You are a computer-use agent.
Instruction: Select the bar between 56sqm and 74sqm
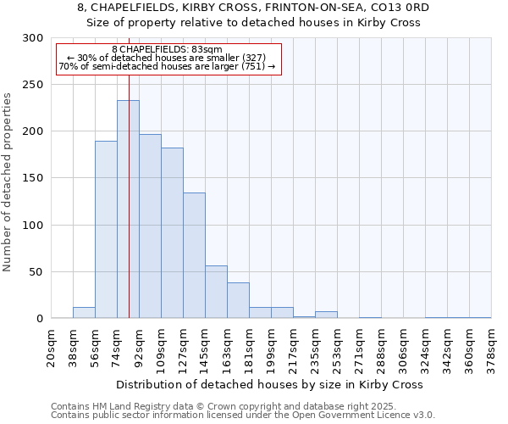click(106, 230)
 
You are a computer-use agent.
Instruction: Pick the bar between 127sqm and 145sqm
click(194, 255)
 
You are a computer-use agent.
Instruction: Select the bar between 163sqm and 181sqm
click(238, 300)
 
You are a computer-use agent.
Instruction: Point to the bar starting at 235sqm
click(326, 315)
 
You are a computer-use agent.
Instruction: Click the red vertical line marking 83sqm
click(129, 170)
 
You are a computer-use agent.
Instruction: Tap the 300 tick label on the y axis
click(33, 38)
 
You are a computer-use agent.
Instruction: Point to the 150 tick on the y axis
click(33, 178)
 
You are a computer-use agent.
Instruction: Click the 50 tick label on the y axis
click(36, 272)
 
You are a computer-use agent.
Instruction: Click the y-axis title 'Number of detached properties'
click(8, 178)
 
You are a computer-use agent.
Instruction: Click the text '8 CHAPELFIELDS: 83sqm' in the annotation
click(167, 50)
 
